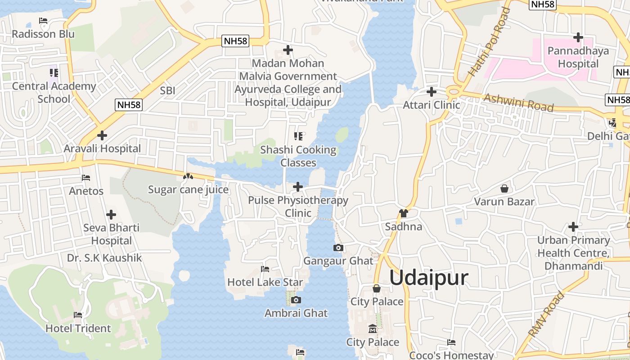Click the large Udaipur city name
pos(428,278)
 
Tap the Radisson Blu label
pos(43,34)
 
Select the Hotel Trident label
pos(78,328)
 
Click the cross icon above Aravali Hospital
pos(102,135)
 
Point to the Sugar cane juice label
pos(189,189)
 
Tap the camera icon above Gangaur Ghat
pos(338,247)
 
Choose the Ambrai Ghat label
pos(296,313)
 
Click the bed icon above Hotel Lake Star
pos(265,269)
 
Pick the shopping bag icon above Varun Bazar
pos(504,188)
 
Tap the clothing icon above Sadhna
pos(403,213)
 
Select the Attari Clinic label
pos(432,105)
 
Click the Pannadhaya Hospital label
pos(578,57)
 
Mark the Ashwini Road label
pos(518,103)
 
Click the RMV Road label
pos(546,315)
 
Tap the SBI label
pos(167,90)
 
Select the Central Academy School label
pos(54,92)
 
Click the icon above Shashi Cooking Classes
pos(298,136)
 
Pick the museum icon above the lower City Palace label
pos(372,329)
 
